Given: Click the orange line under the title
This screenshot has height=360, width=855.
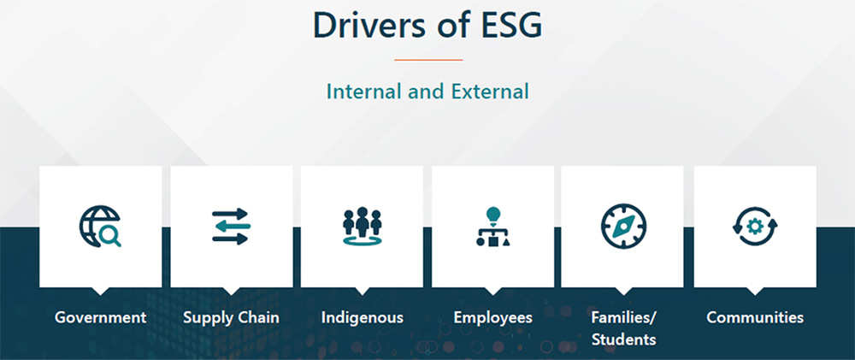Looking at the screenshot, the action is pyautogui.click(x=428, y=60).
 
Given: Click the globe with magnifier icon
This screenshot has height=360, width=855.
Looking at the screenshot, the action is pyautogui.click(x=100, y=226).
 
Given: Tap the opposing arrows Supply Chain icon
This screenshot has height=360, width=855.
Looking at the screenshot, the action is pyautogui.click(x=231, y=226).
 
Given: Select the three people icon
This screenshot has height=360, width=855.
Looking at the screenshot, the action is pyautogui.click(x=362, y=226).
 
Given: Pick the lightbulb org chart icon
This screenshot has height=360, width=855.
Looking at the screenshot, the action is pyautogui.click(x=493, y=226).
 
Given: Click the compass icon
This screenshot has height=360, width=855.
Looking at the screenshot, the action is pyautogui.click(x=623, y=226).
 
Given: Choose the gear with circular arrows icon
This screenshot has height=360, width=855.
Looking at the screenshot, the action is pyautogui.click(x=755, y=226).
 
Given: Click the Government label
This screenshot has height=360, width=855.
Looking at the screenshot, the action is pyautogui.click(x=100, y=317).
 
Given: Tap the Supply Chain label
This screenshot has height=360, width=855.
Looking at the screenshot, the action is pyautogui.click(x=231, y=317).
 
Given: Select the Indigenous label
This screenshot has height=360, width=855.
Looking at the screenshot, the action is pyautogui.click(x=362, y=317).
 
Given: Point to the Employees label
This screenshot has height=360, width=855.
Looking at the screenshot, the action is pyautogui.click(x=493, y=317).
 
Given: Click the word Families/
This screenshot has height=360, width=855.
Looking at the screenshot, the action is pyautogui.click(x=624, y=317).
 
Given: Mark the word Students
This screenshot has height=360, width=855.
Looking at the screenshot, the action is pyautogui.click(x=624, y=339).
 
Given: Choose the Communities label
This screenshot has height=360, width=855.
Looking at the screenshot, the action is pyautogui.click(x=755, y=317).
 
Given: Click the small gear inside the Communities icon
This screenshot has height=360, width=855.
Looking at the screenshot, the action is pyautogui.click(x=755, y=226).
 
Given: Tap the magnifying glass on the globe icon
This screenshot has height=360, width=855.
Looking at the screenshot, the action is pyautogui.click(x=109, y=236).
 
